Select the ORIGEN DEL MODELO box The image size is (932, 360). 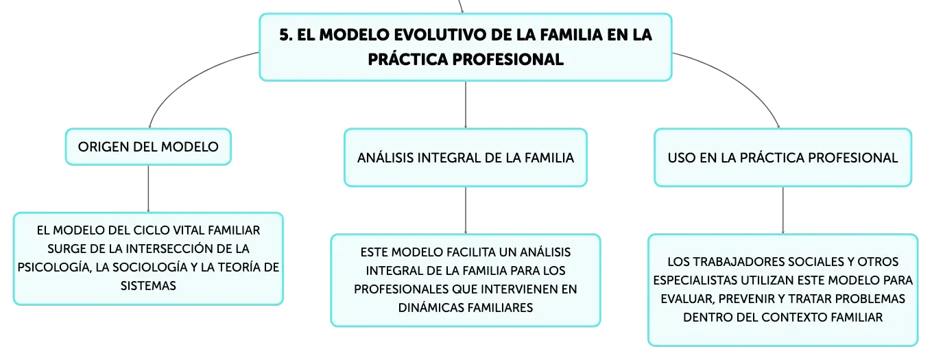pos(148,147)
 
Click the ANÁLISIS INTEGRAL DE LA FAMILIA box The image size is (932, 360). pos(466,157)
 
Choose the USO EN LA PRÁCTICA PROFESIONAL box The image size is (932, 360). pos(782,157)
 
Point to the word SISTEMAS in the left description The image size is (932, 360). pos(148,285)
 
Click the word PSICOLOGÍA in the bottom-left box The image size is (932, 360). pos(54,267)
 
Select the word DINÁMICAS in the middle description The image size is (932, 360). pos(431,308)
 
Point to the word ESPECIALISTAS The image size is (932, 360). pos(695,280)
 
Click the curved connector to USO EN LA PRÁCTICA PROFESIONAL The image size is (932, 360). pos(741,79)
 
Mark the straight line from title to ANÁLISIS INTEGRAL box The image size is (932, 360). pos(466,104)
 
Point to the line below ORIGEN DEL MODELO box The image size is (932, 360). pos(148,189)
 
